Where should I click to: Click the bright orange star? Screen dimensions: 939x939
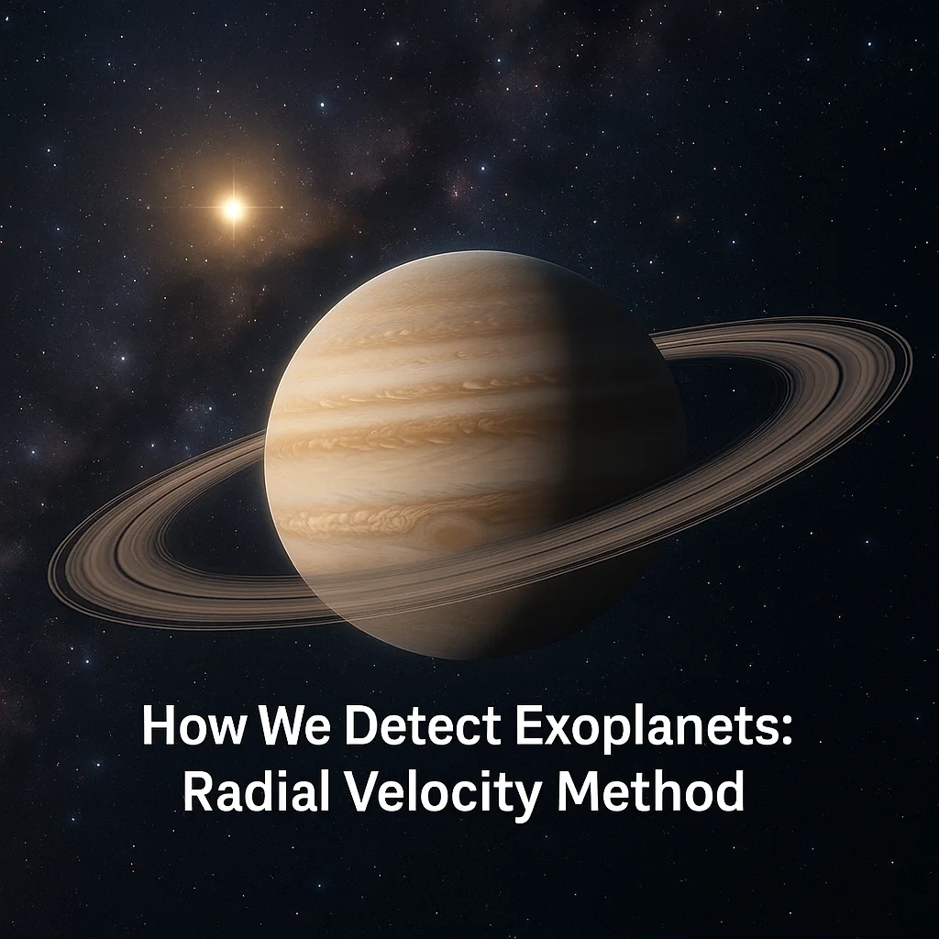[233, 209]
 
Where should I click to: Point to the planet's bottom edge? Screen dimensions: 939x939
[477, 657]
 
